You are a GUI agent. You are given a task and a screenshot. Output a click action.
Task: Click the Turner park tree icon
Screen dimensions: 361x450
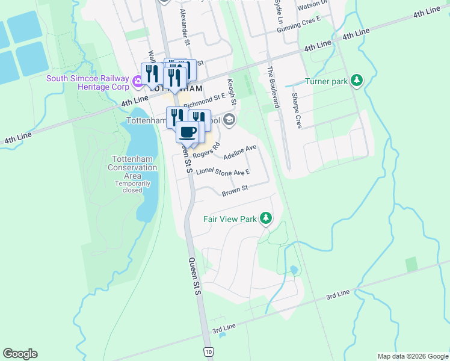[357, 80]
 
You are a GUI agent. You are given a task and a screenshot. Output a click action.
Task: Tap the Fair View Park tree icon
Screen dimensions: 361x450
[266, 218]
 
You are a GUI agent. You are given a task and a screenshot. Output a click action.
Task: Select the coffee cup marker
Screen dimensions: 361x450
[187, 132]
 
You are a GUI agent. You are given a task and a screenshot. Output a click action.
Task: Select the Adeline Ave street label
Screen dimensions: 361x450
[240, 152]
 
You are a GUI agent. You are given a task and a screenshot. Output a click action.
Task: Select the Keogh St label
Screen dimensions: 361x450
[232, 90]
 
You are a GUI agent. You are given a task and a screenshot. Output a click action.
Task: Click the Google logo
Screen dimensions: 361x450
[20, 354]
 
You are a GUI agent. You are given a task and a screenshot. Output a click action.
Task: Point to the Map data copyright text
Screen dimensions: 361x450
[413, 356]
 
